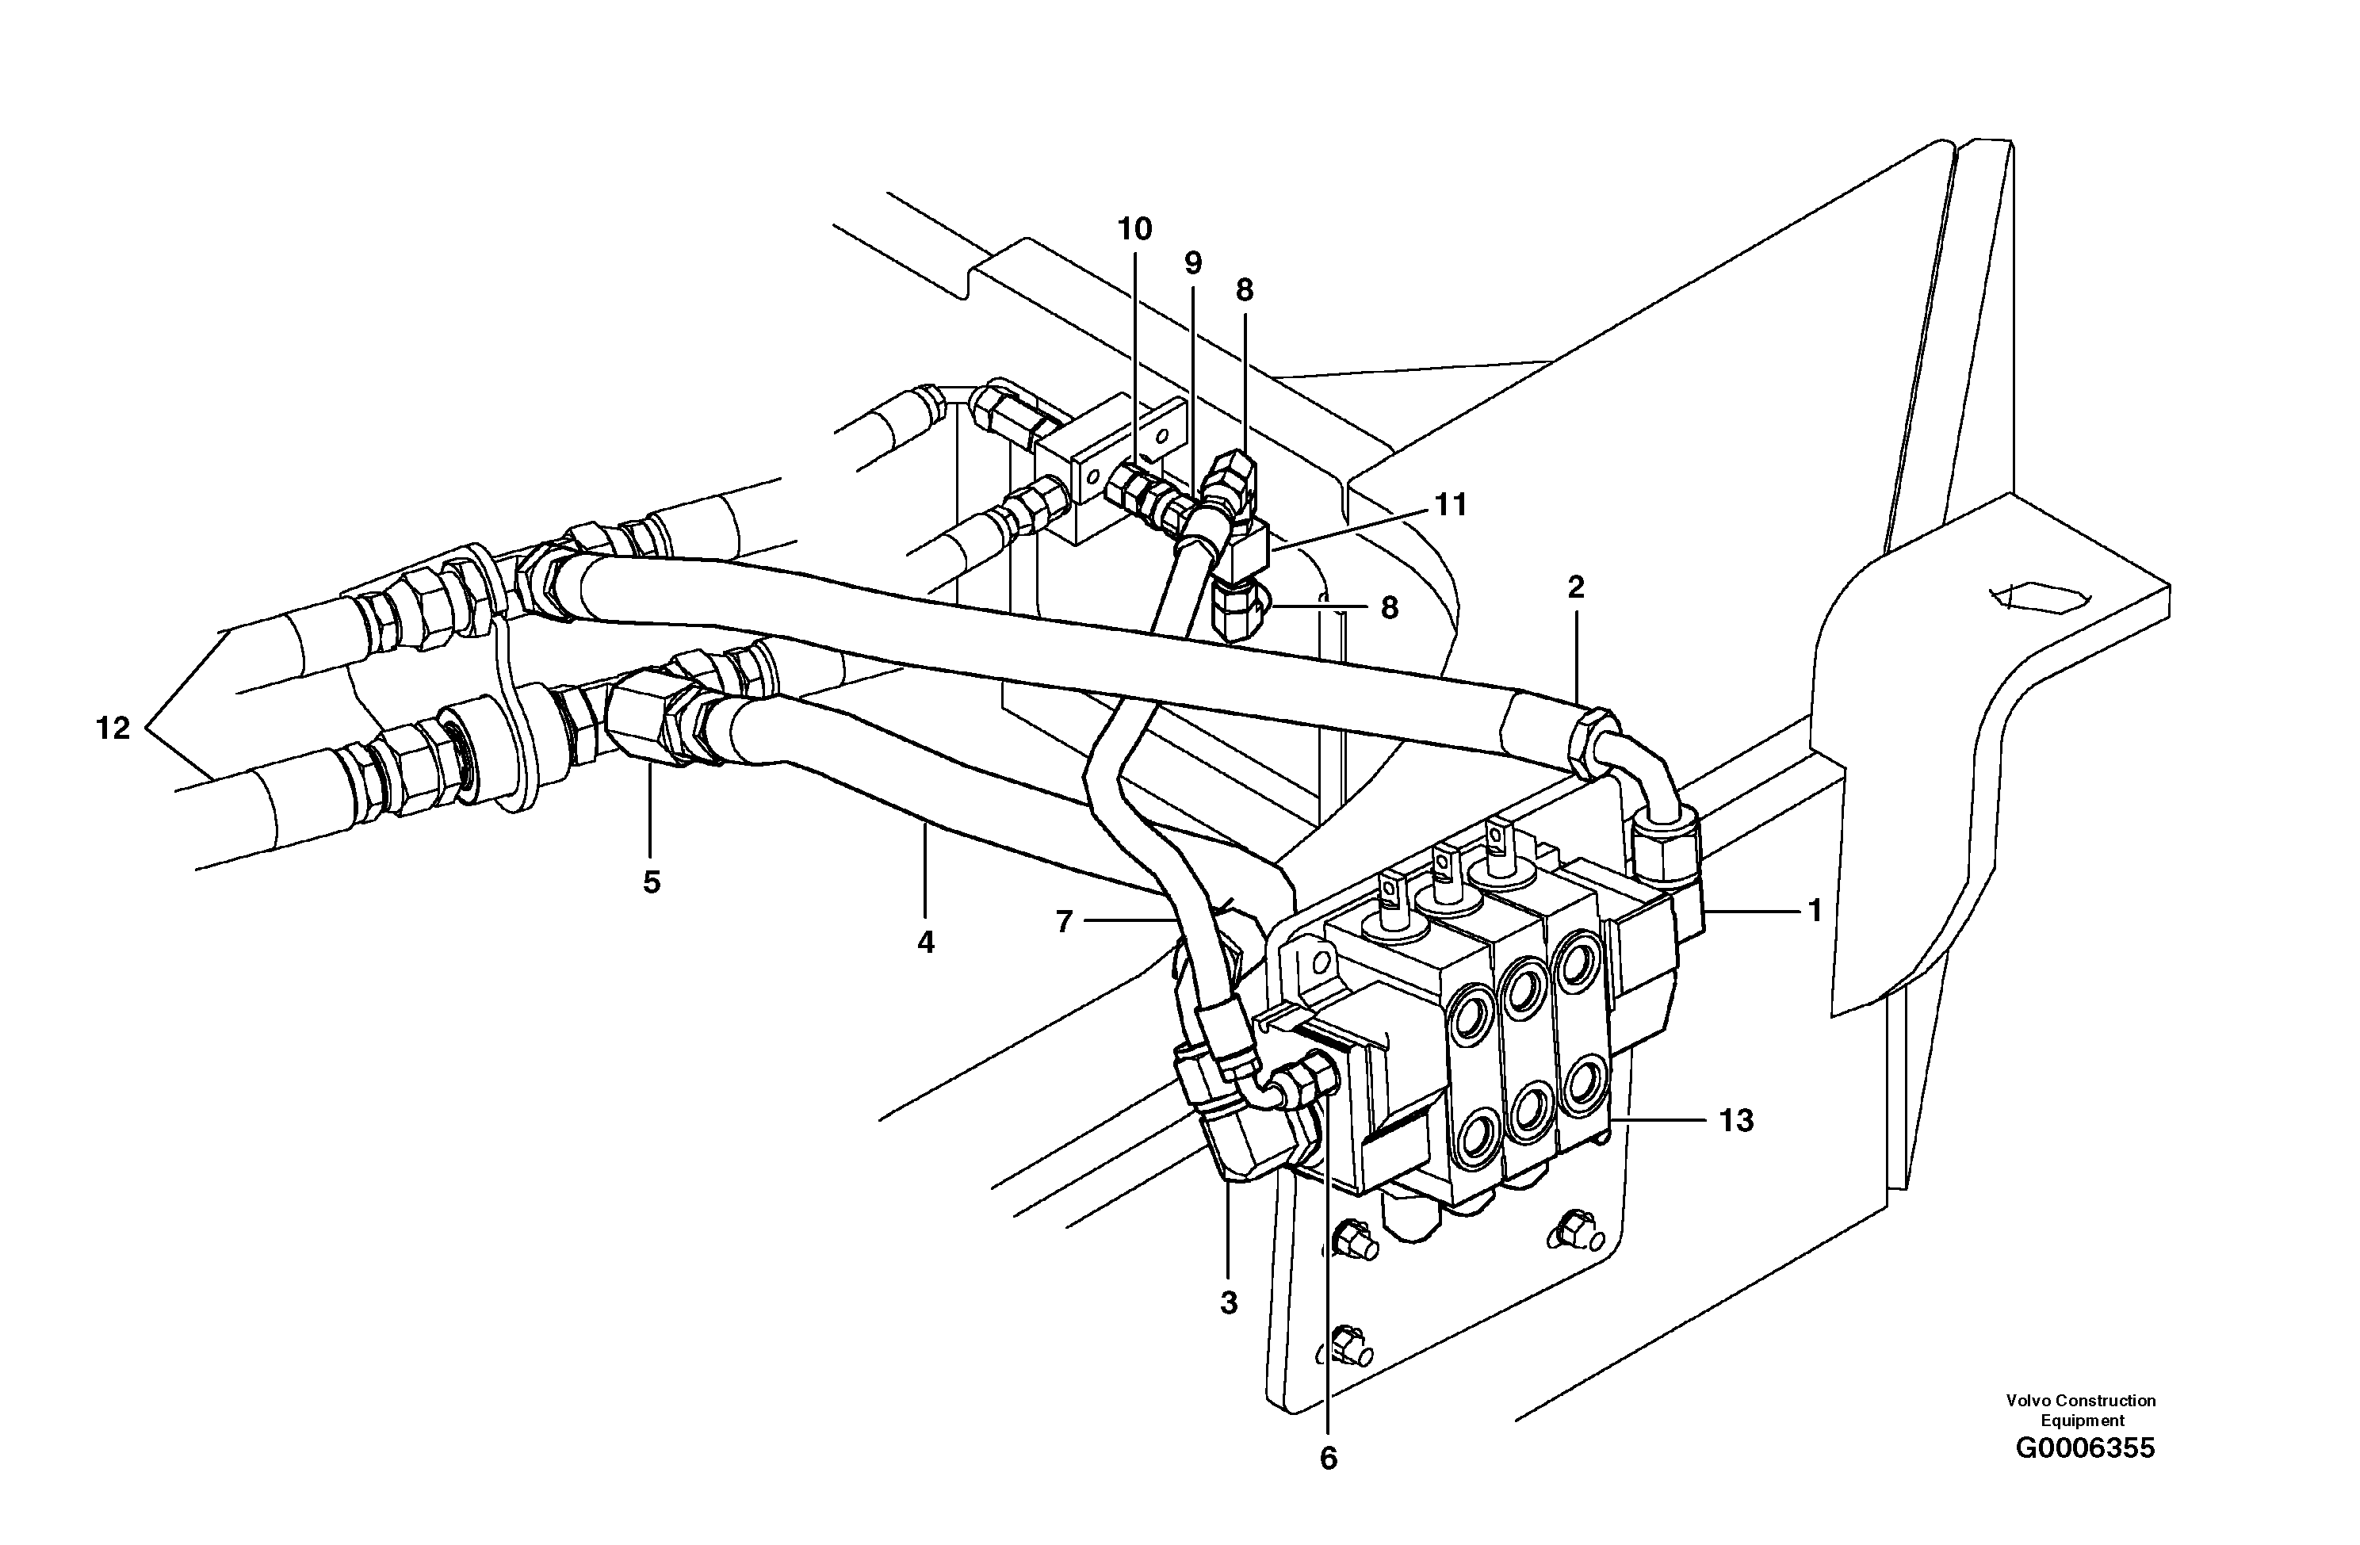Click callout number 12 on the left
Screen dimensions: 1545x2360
click(113, 729)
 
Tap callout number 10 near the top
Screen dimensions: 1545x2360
click(1134, 229)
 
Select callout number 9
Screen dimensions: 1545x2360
click(1193, 263)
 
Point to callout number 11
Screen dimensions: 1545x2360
click(1451, 505)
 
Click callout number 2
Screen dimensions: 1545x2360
click(1576, 587)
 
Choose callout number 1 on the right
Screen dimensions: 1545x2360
click(1815, 910)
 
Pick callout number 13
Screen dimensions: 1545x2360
click(1735, 1121)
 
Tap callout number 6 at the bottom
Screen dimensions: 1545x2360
click(1328, 1459)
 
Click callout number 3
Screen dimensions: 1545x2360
click(1229, 1303)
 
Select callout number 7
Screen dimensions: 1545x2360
click(1064, 922)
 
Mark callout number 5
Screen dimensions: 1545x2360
click(652, 882)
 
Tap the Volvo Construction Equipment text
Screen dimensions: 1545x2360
click(2080, 1410)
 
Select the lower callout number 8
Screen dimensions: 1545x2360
click(1389, 608)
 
